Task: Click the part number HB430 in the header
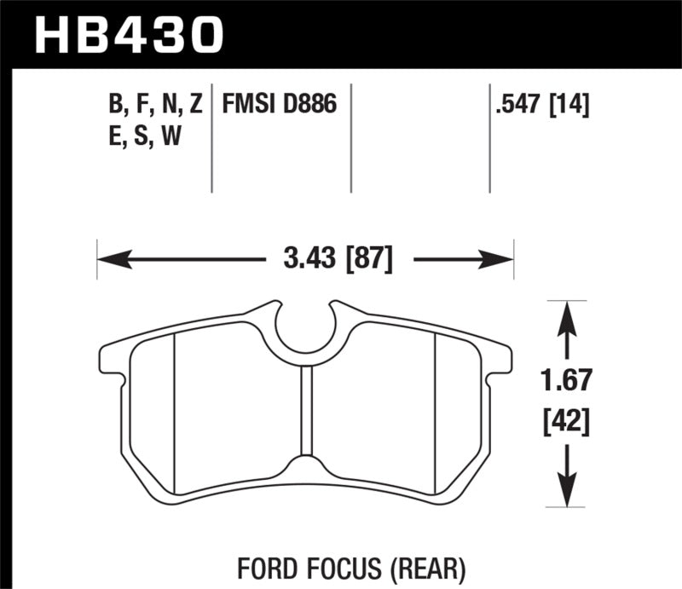(129, 35)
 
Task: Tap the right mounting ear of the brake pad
(500, 359)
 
